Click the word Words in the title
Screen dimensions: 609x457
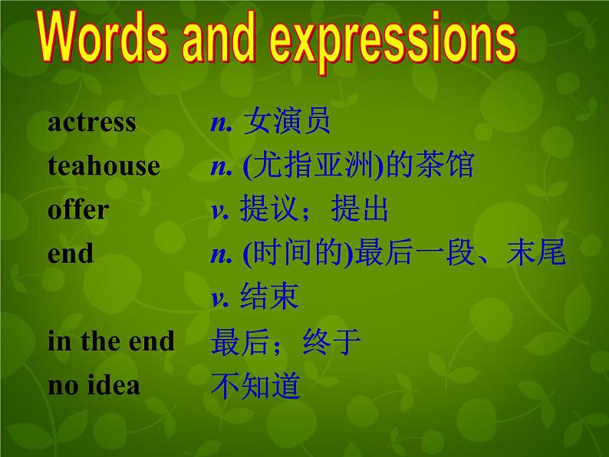pos(103,38)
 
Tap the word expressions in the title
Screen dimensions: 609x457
pos(393,42)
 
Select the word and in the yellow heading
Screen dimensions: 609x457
pos(219,37)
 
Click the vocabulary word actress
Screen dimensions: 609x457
pos(92,123)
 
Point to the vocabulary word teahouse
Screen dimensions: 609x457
pos(104,166)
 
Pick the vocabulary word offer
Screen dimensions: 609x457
pos(78,209)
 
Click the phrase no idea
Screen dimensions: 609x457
pos(94,386)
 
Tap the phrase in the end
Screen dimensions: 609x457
pos(111,341)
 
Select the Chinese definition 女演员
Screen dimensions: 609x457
pos(287,121)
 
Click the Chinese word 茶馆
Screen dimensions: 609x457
pos(444,165)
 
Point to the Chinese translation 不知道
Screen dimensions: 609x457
pos(256,385)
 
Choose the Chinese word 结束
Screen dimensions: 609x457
pos(269,296)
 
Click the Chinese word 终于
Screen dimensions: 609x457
pos(331,341)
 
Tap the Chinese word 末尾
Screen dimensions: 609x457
pos(536,252)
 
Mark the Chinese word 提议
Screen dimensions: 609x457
pos(268,209)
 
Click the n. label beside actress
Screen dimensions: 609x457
pos(222,124)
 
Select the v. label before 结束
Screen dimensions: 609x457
pos(220,299)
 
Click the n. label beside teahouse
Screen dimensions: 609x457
pos(222,168)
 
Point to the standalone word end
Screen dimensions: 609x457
pos(71,253)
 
